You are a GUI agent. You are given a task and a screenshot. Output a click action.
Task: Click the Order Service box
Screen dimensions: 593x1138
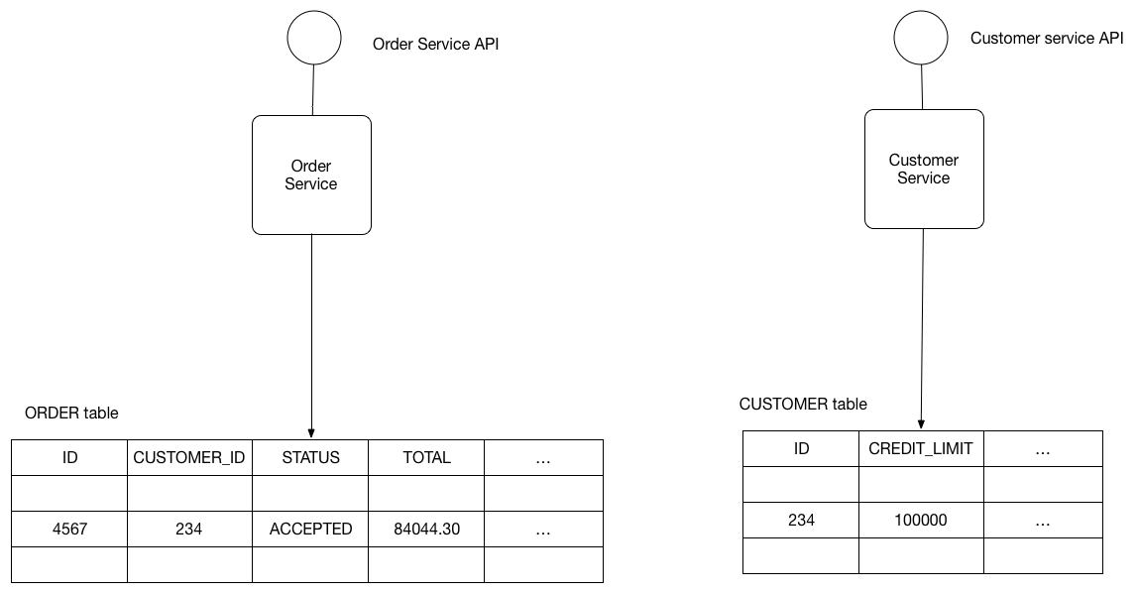click(311, 176)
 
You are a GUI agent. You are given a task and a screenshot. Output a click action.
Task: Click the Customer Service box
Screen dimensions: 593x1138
click(924, 170)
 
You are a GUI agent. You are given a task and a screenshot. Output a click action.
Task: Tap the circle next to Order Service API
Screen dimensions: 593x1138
click(313, 39)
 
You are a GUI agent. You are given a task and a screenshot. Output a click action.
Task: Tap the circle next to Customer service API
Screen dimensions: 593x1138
click(921, 36)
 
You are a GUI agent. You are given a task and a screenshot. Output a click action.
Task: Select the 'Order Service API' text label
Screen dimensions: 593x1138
click(435, 45)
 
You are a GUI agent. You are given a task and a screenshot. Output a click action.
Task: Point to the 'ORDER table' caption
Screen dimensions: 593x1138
click(71, 413)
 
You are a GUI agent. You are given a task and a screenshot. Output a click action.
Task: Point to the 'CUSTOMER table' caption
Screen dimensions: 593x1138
click(803, 404)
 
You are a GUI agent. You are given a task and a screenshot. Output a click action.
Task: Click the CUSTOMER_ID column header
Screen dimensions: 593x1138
click(189, 457)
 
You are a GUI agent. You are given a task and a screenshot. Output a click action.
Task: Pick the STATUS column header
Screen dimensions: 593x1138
click(310, 457)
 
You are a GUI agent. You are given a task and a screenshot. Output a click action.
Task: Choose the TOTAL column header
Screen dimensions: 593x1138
click(426, 457)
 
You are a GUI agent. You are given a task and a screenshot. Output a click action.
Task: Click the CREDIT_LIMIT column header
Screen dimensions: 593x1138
click(920, 449)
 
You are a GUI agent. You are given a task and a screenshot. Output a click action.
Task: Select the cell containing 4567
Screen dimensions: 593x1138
click(69, 529)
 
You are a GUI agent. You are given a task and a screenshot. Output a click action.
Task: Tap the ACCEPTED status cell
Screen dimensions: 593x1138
click(310, 529)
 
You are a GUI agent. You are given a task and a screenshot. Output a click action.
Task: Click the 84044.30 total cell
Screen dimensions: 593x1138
click(426, 529)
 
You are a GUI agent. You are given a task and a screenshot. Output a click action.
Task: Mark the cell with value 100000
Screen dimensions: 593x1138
click(920, 520)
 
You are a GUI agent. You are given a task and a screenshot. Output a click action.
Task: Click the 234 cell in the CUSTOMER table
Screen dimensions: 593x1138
click(801, 520)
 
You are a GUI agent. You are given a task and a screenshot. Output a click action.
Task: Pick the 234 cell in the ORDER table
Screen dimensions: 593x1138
click(189, 529)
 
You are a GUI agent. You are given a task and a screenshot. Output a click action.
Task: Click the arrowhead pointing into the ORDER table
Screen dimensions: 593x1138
click(311, 433)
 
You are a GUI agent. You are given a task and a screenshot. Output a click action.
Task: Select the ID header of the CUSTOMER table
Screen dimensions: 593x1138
click(801, 449)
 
